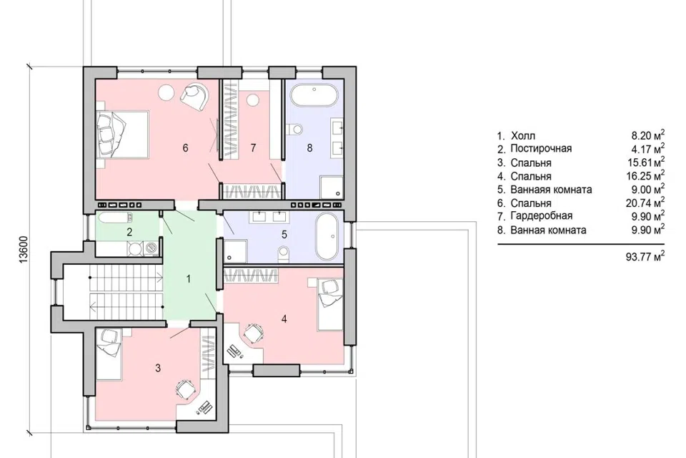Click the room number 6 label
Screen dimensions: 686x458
point(186,148)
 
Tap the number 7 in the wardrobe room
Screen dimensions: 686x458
point(253,148)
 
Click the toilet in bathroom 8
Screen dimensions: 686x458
point(295,129)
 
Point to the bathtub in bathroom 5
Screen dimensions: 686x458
point(328,237)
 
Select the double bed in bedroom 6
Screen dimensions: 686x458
point(123,134)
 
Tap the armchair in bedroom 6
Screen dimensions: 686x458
point(195,96)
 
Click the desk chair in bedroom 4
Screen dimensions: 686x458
point(253,333)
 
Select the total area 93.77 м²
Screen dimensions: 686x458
point(645,255)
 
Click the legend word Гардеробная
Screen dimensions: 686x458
point(541,215)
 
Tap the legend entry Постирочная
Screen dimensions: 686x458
point(541,149)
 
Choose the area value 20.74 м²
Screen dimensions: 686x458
point(645,203)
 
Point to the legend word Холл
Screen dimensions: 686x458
point(523,135)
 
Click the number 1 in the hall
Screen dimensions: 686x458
point(189,279)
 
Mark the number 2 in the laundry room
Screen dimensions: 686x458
point(129,232)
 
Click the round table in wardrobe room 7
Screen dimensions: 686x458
point(252,100)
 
